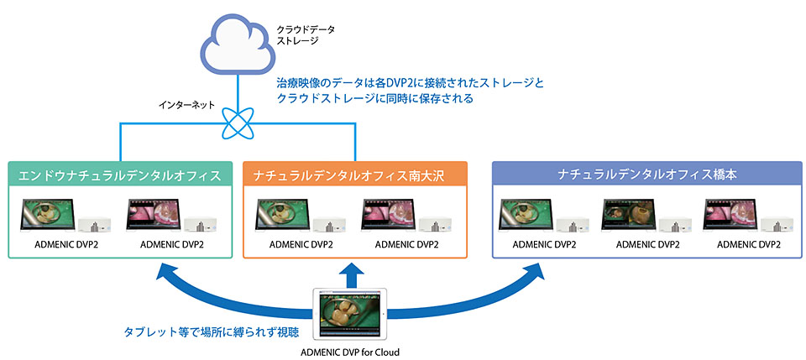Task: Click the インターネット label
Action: (186, 107)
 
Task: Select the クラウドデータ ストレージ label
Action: (306, 34)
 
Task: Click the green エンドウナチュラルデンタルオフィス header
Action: (123, 175)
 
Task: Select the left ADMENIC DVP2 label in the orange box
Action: (301, 244)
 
